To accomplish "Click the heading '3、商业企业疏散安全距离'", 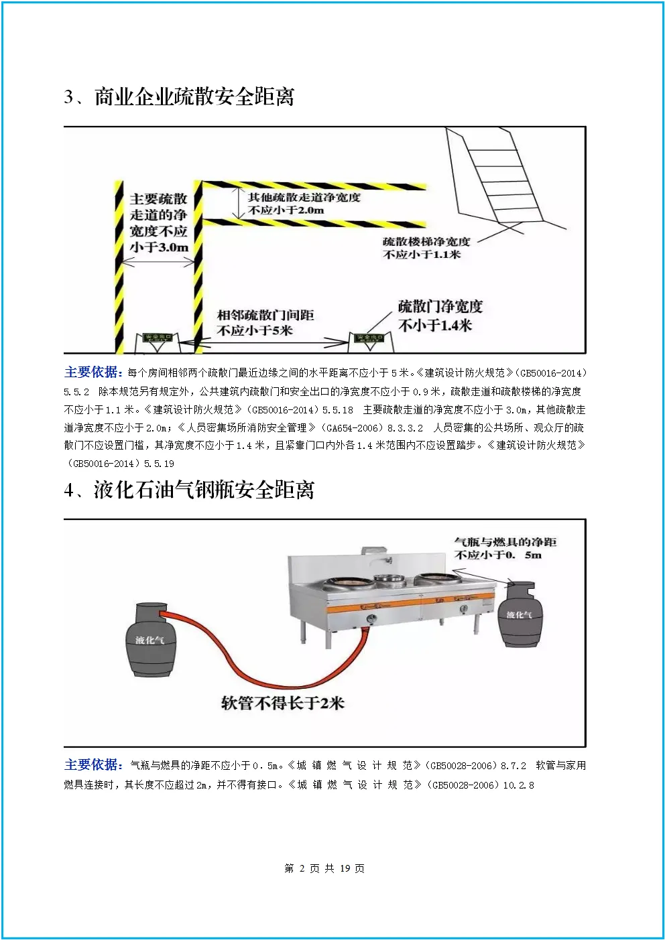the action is click(x=179, y=97).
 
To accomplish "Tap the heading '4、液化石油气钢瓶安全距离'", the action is click(x=189, y=490).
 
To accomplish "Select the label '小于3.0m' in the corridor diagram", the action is click(x=159, y=247).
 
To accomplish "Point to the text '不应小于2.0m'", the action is click(x=286, y=210).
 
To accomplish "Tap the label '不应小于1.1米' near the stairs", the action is click(x=422, y=255).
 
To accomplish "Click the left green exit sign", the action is click(x=157, y=337).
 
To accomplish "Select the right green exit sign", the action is click(x=369, y=338).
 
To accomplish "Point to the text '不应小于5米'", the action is click(x=255, y=330).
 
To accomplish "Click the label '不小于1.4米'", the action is click(x=435, y=325).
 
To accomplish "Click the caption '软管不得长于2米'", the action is click(x=283, y=702).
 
